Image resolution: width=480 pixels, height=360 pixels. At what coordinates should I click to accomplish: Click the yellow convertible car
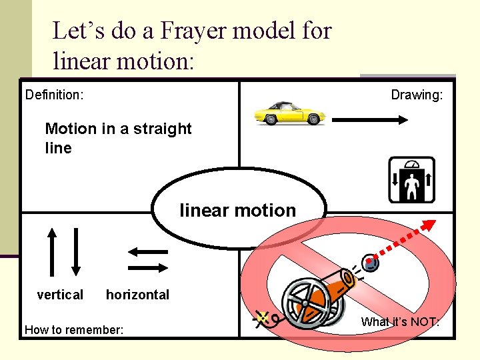click(x=289, y=113)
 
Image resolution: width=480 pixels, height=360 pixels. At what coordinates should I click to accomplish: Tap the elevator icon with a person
click(x=411, y=180)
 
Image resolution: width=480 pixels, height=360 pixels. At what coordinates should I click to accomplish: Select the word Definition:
click(x=54, y=95)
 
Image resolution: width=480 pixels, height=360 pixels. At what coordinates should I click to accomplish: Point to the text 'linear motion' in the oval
click(x=238, y=211)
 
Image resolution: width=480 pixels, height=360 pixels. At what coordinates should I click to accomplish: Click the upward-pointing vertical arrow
click(x=51, y=251)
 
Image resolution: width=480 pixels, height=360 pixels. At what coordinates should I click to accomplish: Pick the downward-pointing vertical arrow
click(x=75, y=251)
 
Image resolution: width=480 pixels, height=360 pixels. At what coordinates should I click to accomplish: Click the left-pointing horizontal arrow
click(x=147, y=252)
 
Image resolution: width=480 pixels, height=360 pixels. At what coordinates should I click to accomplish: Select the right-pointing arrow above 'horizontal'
click(x=147, y=267)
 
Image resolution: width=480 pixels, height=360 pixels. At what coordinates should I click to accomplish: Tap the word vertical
click(x=60, y=295)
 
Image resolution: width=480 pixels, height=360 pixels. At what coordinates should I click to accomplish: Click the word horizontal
click(x=137, y=295)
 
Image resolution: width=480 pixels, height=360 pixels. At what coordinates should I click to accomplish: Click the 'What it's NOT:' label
click(x=400, y=323)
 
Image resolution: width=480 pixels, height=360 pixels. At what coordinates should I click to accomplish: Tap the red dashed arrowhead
click(x=429, y=225)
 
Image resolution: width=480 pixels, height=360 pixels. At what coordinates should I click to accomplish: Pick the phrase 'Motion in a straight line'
click(x=117, y=138)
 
